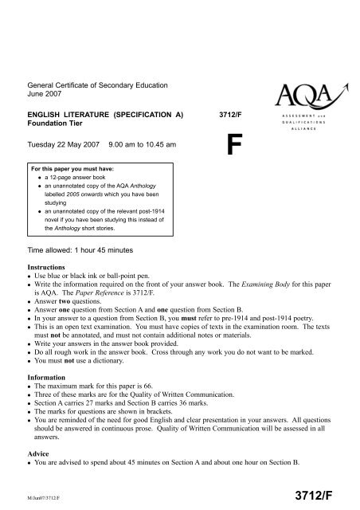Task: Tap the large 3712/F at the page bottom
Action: [x=322, y=496]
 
